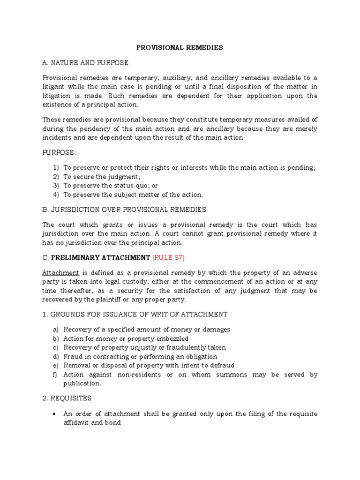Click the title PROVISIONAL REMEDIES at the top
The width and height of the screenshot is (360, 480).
click(x=180, y=47)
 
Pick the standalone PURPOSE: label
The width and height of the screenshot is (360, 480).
click(x=58, y=152)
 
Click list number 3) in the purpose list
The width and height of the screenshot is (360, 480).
click(x=56, y=186)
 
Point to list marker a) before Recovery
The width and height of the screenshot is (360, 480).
click(x=56, y=330)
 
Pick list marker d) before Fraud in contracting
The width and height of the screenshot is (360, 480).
click(x=56, y=356)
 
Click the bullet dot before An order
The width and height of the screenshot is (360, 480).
click(x=55, y=413)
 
